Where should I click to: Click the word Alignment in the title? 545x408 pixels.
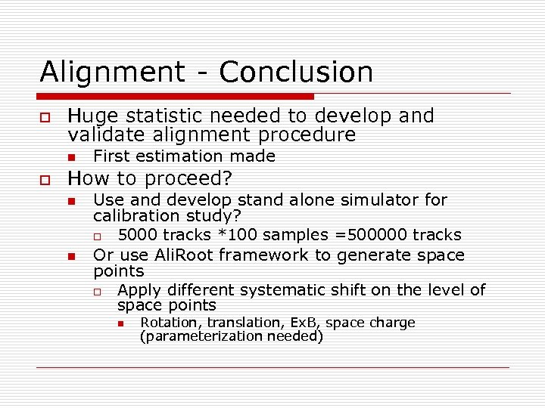coord(111,73)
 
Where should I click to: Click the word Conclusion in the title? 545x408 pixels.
coord(296,73)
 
